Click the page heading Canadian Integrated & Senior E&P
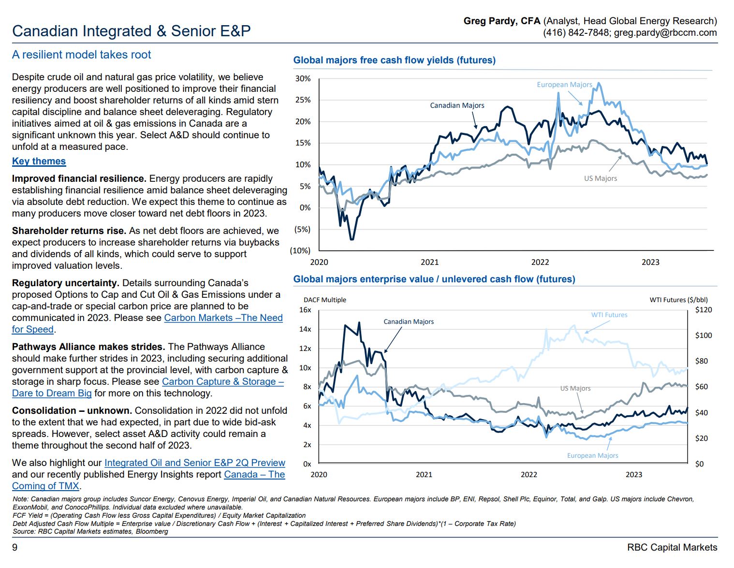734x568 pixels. pos(131,31)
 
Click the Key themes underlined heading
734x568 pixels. pos(39,161)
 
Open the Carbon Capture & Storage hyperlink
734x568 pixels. pos(222,382)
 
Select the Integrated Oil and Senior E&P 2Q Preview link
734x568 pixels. pos(195,463)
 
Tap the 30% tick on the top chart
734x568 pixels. pos(303,79)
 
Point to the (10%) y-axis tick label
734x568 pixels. pos(300,250)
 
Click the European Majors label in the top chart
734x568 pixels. pos(564,85)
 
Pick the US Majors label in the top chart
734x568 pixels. pos(600,178)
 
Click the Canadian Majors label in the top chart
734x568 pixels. pos(457,105)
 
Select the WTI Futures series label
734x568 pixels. pos(609,315)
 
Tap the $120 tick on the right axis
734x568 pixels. pos(703,310)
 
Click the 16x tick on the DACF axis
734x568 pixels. pos(305,310)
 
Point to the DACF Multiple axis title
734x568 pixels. pos(324,300)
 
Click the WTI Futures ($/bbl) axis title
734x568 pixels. pos(678,300)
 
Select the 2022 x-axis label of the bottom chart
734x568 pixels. pos(528,475)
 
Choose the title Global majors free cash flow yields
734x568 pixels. pos(394,60)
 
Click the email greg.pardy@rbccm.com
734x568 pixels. pos(665,33)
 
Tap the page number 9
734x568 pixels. pos(15,547)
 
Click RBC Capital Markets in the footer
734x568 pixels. pos(672,547)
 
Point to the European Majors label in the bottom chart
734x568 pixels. pos(592,455)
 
